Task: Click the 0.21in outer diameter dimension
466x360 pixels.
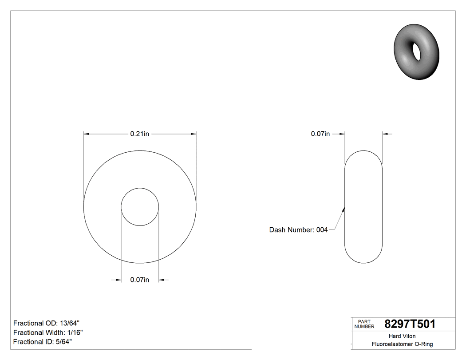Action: coord(139,134)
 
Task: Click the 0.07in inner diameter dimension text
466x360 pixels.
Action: coord(139,280)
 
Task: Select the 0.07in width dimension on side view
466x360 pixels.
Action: coord(320,134)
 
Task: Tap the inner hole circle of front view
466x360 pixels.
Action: coord(140,207)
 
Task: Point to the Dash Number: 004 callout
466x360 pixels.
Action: coord(298,229)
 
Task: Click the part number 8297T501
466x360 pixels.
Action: coord(410,324)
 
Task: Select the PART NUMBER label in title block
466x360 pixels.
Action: coord(364,324)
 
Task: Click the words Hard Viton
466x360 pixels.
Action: coord(402,336)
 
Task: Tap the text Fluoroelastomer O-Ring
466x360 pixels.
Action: coord(402,344)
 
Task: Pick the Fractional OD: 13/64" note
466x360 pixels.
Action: coord(47,323)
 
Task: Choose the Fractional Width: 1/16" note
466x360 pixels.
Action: coord(48,332)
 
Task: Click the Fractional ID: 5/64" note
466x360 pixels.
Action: coord(43,341)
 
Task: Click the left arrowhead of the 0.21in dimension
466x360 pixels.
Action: coord(87,134)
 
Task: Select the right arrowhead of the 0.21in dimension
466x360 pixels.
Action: coord(193,134)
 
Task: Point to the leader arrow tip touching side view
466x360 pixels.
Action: coord(344,209)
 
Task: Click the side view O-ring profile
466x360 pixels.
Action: coord(363,207)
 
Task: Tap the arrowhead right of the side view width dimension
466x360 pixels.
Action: coord(385,134)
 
